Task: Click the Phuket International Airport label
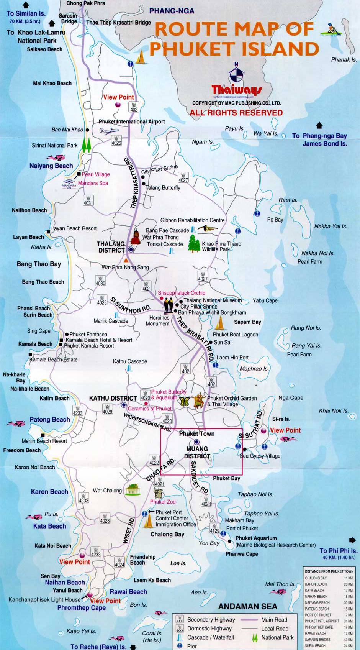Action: click(x=132, y=121)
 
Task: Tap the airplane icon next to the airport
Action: click(x=109, y=131)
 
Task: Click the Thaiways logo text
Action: click(x=237, y=90)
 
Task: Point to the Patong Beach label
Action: click(x=50, y=420)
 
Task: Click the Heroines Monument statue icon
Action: click(x=169, y=305)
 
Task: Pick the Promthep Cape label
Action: click(x=81, y=608)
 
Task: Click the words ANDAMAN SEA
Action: click(x=247, y=606)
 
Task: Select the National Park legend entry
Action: click(x=277, y=637)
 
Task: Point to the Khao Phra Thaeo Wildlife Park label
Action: click(x=221, y=246)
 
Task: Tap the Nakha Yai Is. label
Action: click(x=331, y=227)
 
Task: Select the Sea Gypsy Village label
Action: click(x=260, y=456)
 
